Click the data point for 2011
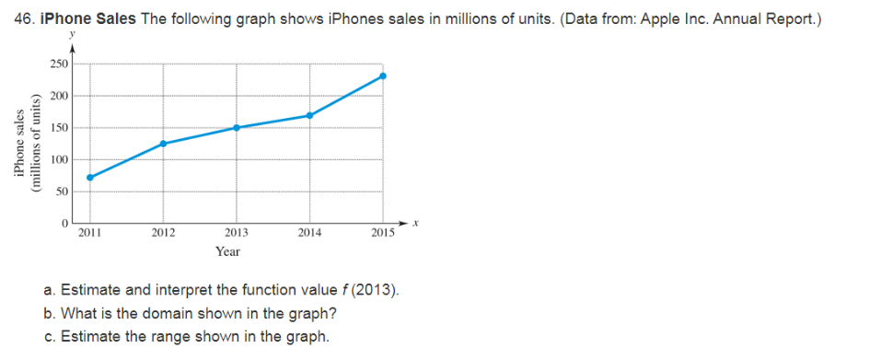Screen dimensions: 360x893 (89, 177)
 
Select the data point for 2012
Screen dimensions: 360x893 (163, 144)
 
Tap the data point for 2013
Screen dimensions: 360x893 (237, 127)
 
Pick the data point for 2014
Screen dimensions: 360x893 (310, 115)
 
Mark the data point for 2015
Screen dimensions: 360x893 (383, 75)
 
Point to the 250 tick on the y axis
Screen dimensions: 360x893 (58, 64)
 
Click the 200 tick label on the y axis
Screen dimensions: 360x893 (58, 96)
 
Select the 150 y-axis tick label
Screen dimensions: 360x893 (58, 127)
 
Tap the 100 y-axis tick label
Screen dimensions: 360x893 (58, 159)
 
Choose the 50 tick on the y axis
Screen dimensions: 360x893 (61, 191)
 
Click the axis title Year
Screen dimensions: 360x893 (227, 251)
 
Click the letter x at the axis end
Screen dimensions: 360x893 (416, 223)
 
